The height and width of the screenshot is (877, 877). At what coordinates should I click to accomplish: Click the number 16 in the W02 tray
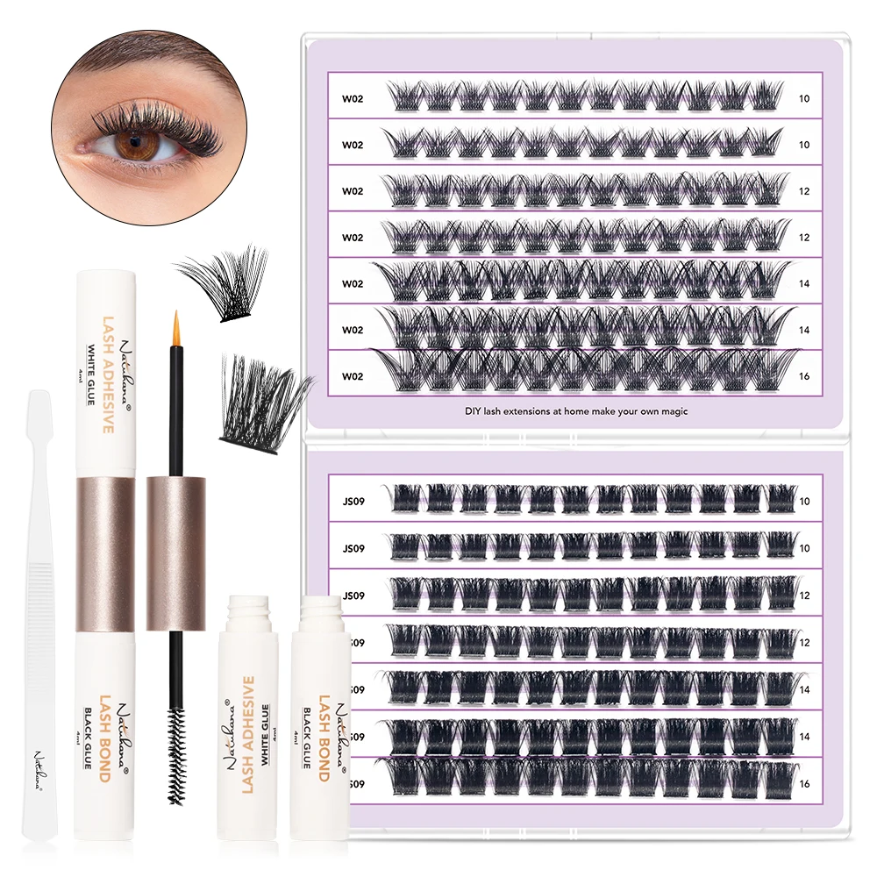[x=804, y=376]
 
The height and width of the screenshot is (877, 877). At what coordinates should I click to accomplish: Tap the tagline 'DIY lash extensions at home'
[x=575, y=410]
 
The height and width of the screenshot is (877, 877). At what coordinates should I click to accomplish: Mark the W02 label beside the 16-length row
[x=353, y=376]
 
